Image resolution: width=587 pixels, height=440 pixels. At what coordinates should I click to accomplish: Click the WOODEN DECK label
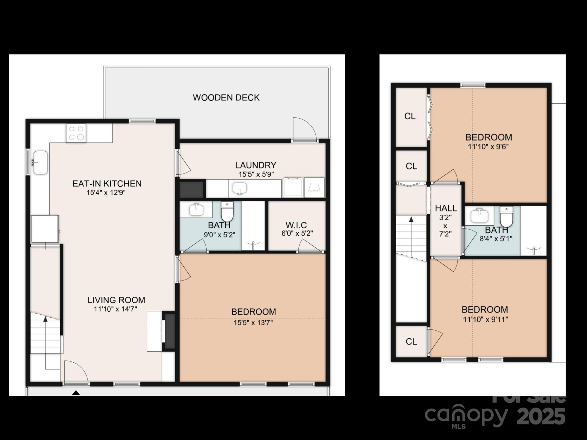point(226,97)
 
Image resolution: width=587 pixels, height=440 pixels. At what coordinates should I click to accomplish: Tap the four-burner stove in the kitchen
point(76,133)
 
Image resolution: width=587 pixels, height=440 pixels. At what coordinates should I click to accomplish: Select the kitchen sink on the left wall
point(40,163)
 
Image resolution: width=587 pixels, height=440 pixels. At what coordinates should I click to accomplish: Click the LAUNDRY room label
point(256,165)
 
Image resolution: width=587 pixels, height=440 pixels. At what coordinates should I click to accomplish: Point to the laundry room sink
point(240,188)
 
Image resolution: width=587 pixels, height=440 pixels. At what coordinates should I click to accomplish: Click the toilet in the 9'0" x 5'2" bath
point(227,211)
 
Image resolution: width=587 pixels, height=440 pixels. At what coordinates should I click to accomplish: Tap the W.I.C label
point(296,226)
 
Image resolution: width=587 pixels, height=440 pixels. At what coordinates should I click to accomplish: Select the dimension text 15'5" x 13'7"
point(253,323)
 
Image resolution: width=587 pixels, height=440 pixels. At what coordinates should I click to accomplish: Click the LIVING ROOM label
point(116,300)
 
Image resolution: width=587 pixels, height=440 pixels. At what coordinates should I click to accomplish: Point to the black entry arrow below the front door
point(76,393)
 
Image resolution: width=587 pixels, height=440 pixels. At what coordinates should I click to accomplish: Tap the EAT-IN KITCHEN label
point(107,184)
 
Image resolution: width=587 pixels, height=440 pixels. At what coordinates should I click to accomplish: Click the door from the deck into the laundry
point(304,130)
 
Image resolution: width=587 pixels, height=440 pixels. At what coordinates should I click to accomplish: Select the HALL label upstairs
point(446,208)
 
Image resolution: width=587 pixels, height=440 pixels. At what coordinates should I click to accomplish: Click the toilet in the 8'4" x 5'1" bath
point(506,216)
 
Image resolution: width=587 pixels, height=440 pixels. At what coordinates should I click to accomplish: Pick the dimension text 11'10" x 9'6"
point(488,147)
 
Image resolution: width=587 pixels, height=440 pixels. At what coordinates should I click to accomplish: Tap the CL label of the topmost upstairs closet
point(410,116)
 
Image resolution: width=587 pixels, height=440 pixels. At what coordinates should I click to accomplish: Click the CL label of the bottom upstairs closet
point(411,341)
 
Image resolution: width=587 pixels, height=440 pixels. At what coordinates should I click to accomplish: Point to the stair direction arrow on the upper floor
point(411,219)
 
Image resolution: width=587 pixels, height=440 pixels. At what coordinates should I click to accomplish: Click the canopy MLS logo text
point(466,416)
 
